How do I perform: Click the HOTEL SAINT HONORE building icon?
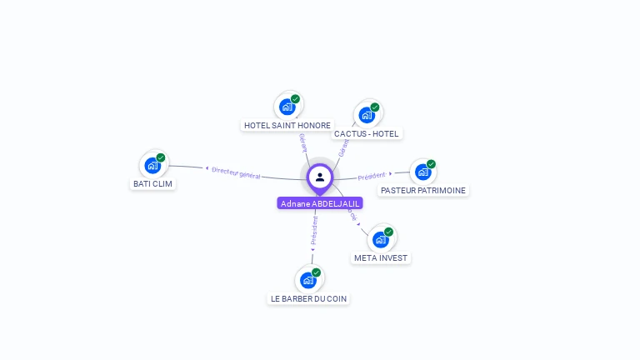click(x=287, y=107)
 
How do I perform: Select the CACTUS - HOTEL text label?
click(x=366, y=133)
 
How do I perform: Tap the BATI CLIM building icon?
click(x=152, y=165)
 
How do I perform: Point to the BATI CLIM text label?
click(x=153, y=183)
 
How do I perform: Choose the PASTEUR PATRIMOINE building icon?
click(x=422, y=172)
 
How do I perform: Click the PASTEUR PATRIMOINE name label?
click(x=422, y=190)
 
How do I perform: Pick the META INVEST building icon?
click(x=381, y=239)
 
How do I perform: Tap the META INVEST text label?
click(x=381, y=257)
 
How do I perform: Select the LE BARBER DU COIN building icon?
click(x=308, y=280)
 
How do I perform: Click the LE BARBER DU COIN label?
click(x=309, y=298)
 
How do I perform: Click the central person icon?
click(x=320, y=177)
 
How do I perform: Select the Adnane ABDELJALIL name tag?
click(x=320, y=203)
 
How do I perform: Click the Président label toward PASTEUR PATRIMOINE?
click(x=372, y=176)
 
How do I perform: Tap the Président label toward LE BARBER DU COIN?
click(x=314, y=232)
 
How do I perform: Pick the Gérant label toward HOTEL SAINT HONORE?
click(x=302, y=142)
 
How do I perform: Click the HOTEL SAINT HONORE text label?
click(x=287, y=125)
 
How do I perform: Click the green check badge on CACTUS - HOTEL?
click(x=375, y=107)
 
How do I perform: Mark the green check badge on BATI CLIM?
click(x=161, y=157)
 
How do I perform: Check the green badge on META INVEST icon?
click(x=389, y=232)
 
